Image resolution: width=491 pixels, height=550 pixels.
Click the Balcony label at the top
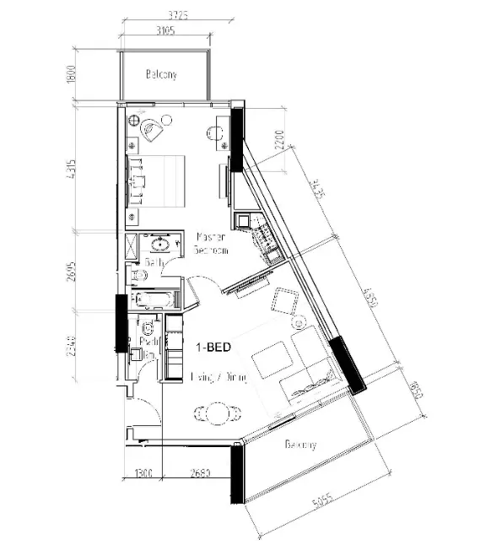[x=161, y=75]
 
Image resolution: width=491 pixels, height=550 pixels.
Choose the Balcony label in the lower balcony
[x=300, y=445]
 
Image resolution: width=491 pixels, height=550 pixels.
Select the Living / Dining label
[x=219, y=379]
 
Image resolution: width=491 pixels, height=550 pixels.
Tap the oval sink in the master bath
[x=159, y=245]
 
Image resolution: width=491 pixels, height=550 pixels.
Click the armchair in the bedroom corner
[x=154, y=129]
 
